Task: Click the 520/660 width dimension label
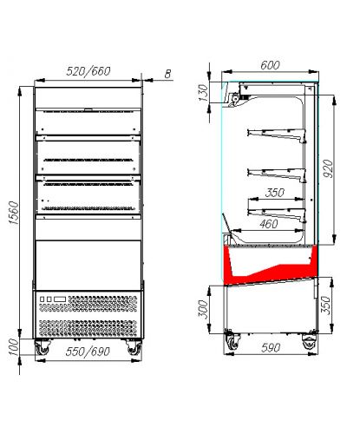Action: tap(88, 71)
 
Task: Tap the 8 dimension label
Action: tap(167, 74)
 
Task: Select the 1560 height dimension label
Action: tap(13, 213)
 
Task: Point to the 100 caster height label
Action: tap(13, 347)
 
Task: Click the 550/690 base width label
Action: tap(88, 352)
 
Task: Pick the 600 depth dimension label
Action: tap(270, 65)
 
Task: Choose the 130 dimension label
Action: tap(203, 93)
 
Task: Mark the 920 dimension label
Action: tap(328, 168)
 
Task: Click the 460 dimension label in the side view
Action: tap(269, 224)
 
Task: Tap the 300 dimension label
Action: tap(203, 309)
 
